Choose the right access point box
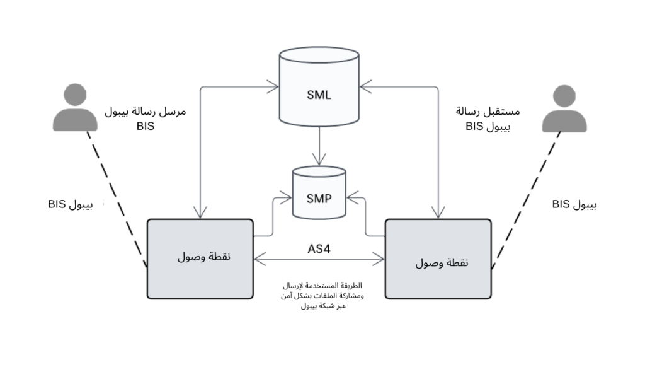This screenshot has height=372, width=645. (x=438, y=259)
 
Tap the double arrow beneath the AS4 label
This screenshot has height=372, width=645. (x=319, y=259)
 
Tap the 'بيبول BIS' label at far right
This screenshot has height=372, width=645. (x=574, y=205)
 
